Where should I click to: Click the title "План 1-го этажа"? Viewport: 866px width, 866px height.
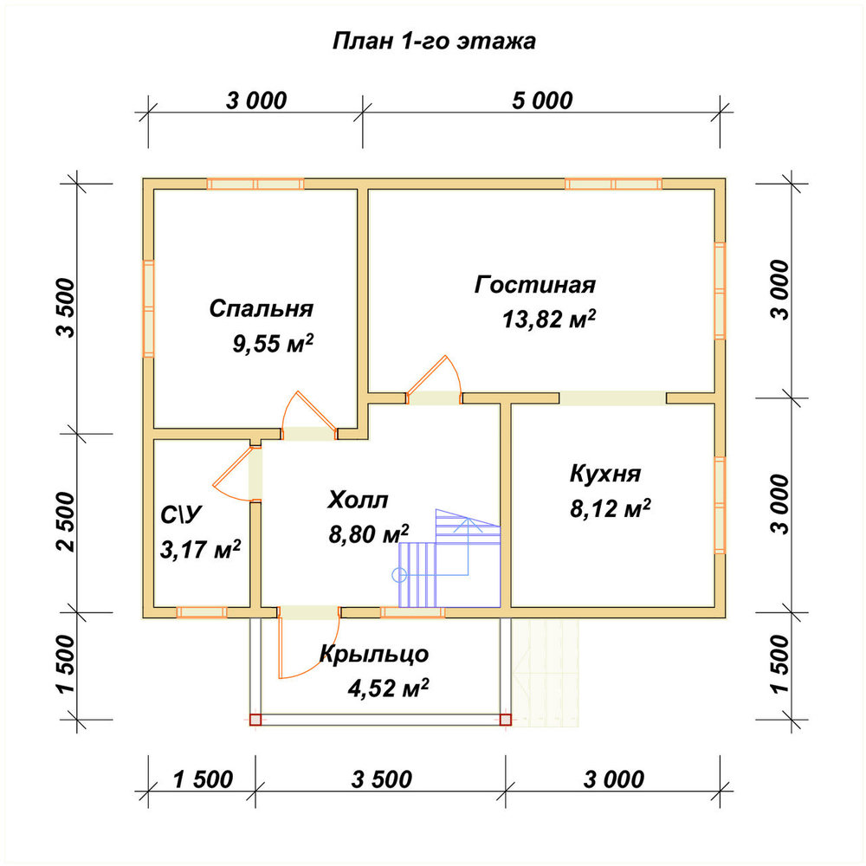(x=434, y=42)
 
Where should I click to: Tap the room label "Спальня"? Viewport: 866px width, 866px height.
(x=262, y=308)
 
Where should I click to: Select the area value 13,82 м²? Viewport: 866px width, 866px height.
(x=549, y=320)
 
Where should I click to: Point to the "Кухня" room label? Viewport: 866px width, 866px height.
(x=605, y=474)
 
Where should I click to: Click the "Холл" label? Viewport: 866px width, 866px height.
(x=358, y=500)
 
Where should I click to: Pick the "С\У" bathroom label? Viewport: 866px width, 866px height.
(x=181, y=515)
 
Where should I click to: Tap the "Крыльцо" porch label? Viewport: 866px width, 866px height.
(x=374, y=655)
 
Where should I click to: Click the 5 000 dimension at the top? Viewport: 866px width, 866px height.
(x=542, y=101)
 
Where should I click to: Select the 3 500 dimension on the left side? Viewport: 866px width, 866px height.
(x=65, y=308)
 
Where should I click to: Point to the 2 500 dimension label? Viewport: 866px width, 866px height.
(x=65, y=522)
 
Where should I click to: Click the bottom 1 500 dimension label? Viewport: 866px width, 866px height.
(x=203, y=780)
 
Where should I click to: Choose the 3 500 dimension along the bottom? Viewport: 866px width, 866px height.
(x=381, y=780)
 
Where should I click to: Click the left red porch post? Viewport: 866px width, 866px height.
(x=255, y=720)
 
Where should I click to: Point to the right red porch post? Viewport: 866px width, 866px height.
(x=506, y=720)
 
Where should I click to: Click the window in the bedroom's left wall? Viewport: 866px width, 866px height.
(x=149, y=309)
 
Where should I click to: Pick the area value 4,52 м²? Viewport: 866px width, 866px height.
(x=388, y=688)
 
